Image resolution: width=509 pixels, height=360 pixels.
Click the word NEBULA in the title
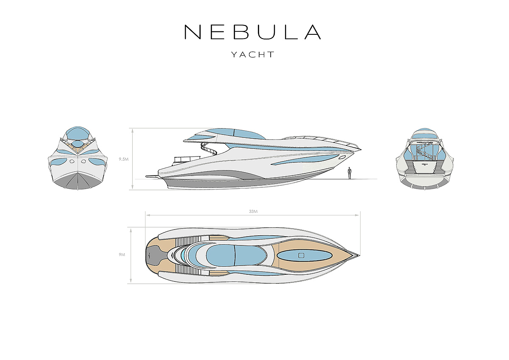coord(252,32)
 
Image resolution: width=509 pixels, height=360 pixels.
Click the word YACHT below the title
coord(253,55)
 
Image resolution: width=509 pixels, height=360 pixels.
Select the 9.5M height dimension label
coord(124,160)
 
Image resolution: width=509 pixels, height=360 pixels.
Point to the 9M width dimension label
coord(122,255)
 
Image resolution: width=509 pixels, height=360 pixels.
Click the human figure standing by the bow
coord(350,173)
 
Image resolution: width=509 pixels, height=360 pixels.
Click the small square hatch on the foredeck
coord(302,255)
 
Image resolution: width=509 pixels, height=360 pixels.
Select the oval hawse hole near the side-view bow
coord(342,157)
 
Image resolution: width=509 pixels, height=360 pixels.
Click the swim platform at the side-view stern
coord(151,176)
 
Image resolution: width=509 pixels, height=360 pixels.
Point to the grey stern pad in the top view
coord(151,255)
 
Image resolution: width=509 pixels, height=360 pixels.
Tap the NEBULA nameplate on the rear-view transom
coord(425,163)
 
